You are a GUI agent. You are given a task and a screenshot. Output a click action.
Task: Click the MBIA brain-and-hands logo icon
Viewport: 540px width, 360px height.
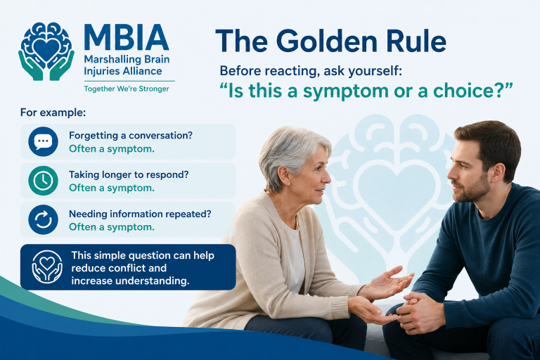click(46, 51)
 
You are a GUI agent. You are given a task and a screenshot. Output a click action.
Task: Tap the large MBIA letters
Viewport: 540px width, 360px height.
click(127, 37)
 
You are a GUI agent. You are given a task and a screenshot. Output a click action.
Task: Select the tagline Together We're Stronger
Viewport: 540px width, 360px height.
click(127, 89)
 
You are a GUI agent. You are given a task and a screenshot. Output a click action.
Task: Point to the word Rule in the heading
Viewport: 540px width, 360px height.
click(416, 41)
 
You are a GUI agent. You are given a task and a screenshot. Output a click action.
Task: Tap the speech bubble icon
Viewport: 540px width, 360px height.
click(43, 141)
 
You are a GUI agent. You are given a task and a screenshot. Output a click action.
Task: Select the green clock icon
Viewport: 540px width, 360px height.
click(43, 181)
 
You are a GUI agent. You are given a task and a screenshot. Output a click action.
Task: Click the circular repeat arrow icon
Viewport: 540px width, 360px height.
click(43, 220)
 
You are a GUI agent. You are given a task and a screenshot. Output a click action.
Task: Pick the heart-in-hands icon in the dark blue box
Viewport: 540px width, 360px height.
click(47, 267)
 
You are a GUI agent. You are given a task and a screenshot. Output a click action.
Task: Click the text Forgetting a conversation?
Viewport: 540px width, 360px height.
click(131, 136)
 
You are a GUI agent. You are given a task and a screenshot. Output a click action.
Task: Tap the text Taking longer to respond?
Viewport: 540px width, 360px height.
click(129, 175)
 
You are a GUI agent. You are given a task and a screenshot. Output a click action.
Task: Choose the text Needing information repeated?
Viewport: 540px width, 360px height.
click(140, 214)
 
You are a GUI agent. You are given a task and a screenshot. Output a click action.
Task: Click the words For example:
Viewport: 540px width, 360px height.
click(53, 112)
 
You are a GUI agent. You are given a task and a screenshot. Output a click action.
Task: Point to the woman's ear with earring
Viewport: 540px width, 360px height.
click(285, 176)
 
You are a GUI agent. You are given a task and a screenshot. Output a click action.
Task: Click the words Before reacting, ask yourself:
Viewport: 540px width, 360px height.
click(311, 71)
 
